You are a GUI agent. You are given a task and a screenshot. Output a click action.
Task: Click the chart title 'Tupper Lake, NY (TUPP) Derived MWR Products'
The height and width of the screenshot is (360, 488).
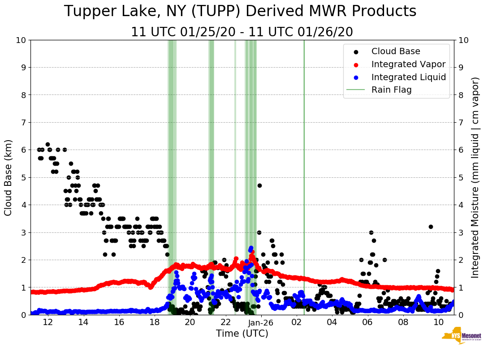[240, 12]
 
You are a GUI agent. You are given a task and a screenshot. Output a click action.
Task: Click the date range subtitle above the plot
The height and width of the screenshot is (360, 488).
[242, 32]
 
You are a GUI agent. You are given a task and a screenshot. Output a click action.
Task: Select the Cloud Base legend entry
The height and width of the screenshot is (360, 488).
[396, 51]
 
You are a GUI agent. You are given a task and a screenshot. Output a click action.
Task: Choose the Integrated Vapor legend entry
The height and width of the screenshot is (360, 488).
[408, 64]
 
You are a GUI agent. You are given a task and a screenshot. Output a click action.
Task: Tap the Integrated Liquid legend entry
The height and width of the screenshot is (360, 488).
[408, 77]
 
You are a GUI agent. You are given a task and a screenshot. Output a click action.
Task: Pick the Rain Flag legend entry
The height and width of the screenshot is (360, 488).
[391, 90]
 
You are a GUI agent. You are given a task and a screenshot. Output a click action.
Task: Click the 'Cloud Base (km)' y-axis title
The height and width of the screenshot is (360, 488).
[9, 177]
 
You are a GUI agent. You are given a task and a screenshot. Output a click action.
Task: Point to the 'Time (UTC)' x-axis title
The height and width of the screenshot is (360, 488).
[242, 334]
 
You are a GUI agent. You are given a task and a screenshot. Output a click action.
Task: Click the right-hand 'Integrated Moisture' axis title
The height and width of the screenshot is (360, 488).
[475, 177]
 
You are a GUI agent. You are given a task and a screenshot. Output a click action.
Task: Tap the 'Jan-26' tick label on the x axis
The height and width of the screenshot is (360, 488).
[261, 322]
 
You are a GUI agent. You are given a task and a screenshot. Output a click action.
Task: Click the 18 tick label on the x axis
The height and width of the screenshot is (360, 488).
[154, 322]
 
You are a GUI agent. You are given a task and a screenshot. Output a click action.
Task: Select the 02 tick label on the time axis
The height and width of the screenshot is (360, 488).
[297, 322]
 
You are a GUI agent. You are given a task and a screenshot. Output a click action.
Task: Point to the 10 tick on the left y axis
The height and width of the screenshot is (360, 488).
[21, 40]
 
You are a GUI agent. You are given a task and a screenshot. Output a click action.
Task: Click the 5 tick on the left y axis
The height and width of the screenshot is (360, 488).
[23, 177]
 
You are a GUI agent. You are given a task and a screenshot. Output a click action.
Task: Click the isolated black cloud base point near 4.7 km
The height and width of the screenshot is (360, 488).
[259, 185]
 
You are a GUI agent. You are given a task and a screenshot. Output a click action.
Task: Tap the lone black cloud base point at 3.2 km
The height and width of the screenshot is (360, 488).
[431, 227]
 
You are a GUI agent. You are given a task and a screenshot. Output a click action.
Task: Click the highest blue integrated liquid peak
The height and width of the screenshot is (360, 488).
[251, 248]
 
